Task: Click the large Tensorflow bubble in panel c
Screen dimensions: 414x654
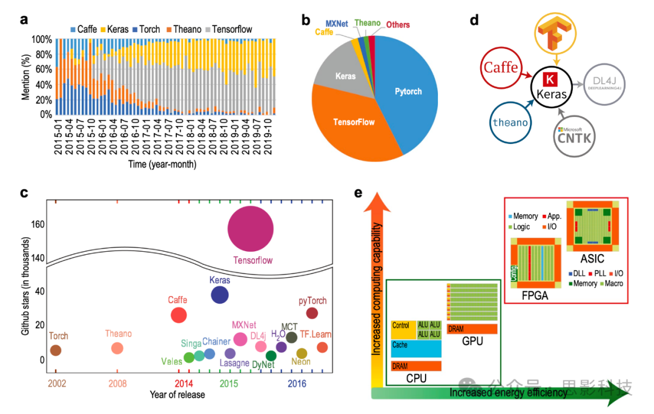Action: pos(250,228)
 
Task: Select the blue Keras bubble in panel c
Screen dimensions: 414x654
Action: pos(219,295)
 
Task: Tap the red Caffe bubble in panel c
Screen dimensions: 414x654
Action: pos(179,315)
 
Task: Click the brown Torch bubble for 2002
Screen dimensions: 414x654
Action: pos(55,350)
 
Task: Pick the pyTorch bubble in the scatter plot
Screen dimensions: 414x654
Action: pos(312,313)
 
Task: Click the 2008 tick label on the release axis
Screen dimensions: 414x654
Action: pos(117,383)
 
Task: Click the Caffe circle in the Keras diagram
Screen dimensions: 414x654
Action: pos(501,68)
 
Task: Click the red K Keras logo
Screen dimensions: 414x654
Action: pos(550,80)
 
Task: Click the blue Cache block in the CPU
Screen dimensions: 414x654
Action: pos(415,348)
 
